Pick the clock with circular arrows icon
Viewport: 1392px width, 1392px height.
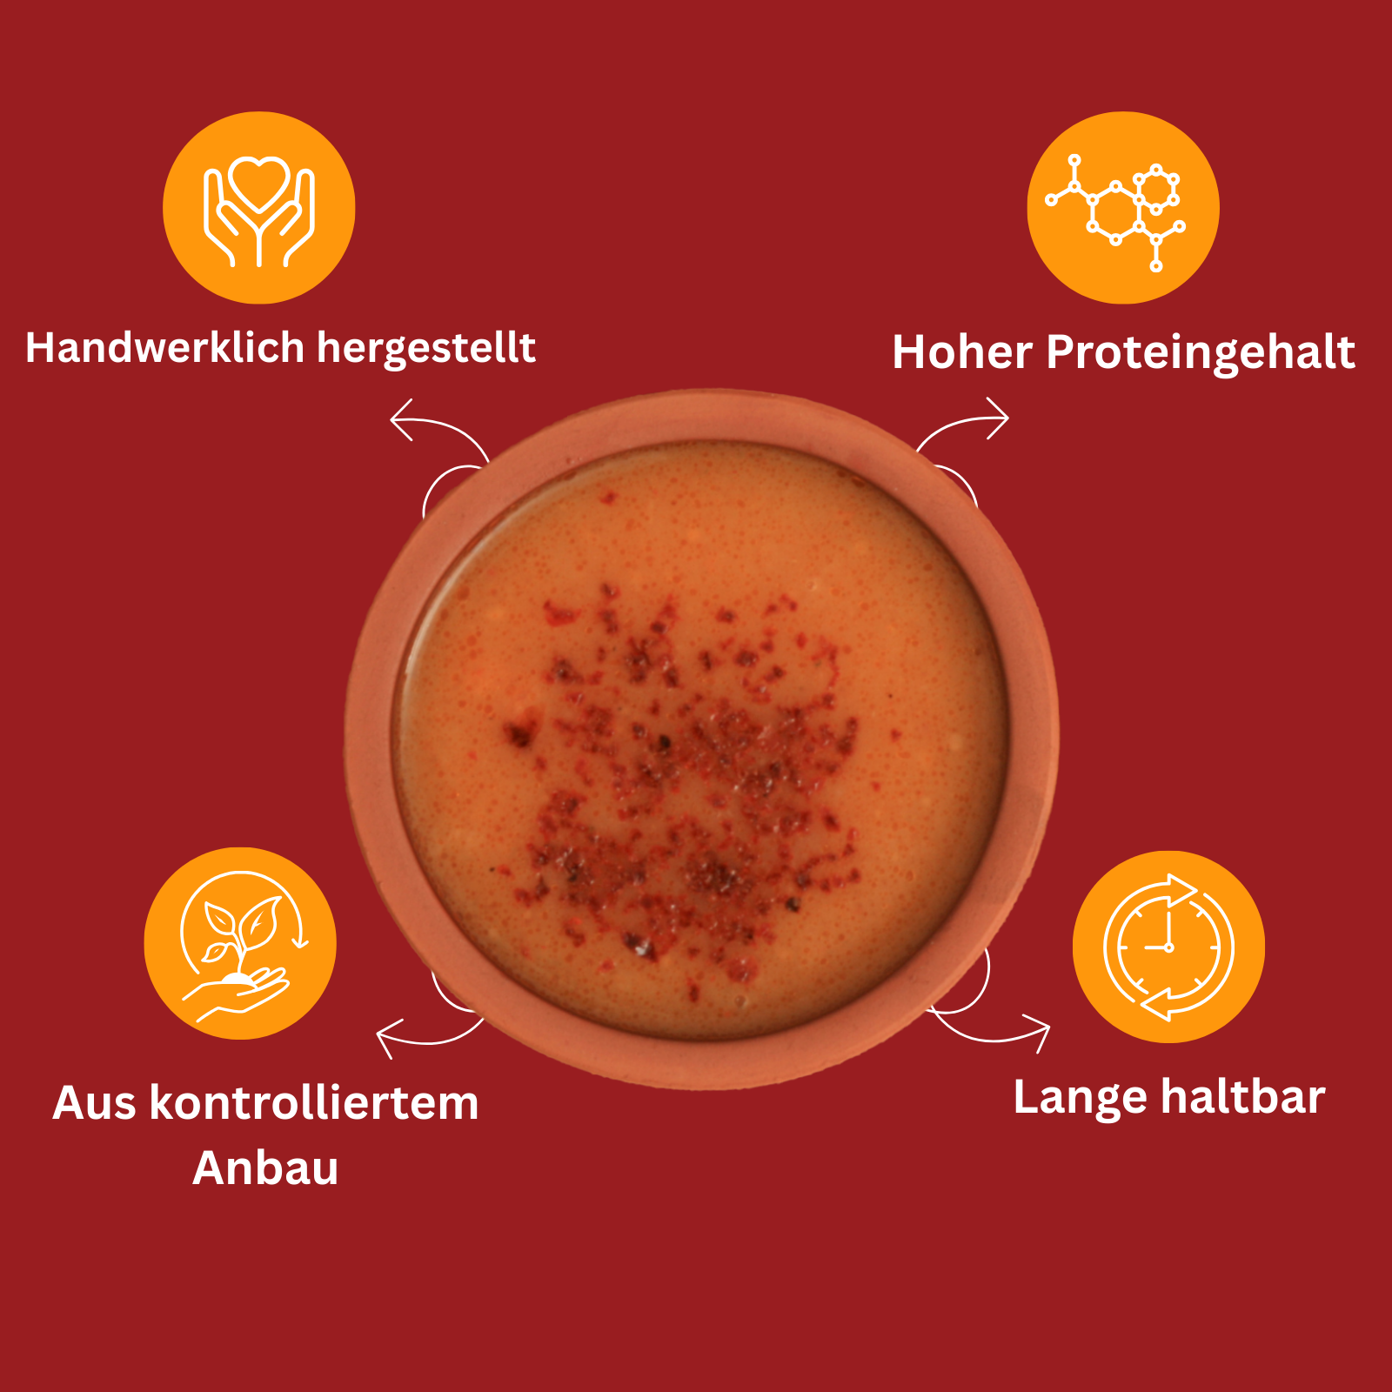click(1168, 947)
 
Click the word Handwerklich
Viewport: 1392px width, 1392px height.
click(165, 347)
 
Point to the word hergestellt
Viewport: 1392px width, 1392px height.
click(426, 349)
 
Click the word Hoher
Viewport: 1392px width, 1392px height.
click(962, 352)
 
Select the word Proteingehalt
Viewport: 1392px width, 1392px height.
click(1201, 354)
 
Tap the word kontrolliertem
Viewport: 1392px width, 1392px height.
click(314, 1103)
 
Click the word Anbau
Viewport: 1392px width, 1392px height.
click(265, 1168)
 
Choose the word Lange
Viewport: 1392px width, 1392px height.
click(1080, 1099)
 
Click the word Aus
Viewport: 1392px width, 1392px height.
click(95, 1103)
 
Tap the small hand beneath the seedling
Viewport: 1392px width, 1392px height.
click(235, 994)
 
